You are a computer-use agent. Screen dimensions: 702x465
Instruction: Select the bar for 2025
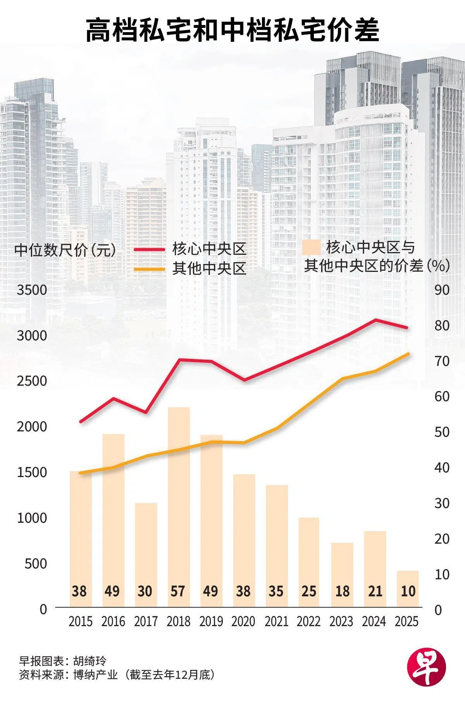click(x=408, y=589)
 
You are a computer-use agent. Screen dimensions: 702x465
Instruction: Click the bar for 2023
click(x=342, y=575)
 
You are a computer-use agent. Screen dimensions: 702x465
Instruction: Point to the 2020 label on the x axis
click(x=243, y=621)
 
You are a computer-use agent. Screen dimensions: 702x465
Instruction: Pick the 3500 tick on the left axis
click(x=32, y=290)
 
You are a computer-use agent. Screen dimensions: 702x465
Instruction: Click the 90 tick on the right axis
click(x=442, y=290)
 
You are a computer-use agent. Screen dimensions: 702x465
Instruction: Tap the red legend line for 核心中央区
click(x=149, y=249)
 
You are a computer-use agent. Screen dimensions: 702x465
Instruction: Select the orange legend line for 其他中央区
click(x=149, y=269)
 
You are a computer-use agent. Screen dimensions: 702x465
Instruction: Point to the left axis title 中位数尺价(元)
click(x=65, y=250)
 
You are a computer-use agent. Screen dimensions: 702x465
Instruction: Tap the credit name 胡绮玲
click(x=90, y=661)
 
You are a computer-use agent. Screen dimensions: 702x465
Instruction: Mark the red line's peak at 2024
click(x=375, y=320)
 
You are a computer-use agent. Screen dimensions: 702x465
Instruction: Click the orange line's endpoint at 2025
click(x=408, y=354)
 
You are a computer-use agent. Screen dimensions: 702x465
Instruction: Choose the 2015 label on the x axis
click(x=81, y=621)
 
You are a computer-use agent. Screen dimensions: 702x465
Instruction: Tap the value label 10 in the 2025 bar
click(x=408, y=591)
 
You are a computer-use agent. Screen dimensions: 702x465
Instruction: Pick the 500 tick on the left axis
click(x=36, y=563)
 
